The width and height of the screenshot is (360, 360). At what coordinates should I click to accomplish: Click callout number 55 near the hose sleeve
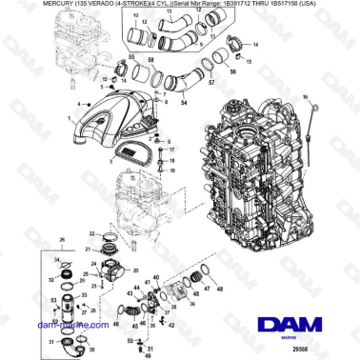point(131,59)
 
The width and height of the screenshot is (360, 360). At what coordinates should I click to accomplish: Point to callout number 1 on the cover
point(70,117)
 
